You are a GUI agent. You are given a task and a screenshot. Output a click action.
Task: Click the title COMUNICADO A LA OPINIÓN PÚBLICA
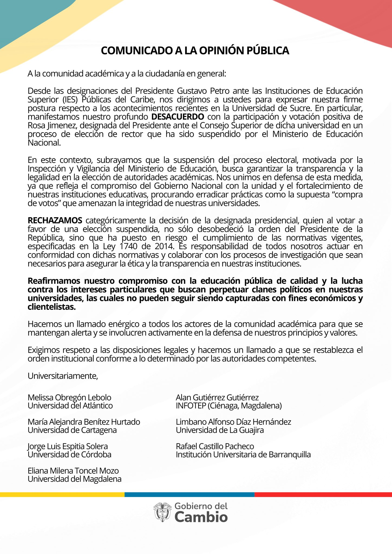(195, 51)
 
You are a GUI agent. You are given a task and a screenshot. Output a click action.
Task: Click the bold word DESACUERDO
(178, 117)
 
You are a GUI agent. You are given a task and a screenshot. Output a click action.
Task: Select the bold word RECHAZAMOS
(55, 220)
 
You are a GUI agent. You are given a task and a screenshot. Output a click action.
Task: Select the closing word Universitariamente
(63, 376)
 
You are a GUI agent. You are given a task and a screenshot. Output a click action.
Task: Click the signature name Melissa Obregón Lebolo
(69, 397)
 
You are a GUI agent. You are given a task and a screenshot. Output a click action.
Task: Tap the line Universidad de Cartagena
(72, 430)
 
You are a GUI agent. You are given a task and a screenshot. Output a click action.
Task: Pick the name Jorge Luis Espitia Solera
(68, 446)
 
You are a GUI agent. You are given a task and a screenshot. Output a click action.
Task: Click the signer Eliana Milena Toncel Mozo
(73, 470)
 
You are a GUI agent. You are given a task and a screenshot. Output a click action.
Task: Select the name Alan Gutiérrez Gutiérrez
(217, 397)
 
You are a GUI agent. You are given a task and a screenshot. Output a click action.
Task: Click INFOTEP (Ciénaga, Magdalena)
(229, 405)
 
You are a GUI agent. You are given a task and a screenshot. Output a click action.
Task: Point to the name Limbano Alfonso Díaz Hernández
(233, 422)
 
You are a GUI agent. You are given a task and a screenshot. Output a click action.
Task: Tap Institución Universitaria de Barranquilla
(243, 454)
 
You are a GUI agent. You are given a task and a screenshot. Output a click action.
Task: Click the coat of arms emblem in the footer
(162, 512)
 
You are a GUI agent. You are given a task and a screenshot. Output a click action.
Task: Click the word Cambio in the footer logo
(201, 517)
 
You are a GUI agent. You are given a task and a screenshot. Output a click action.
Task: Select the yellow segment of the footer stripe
(62, 494)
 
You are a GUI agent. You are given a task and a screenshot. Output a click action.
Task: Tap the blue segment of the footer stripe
(190, 494)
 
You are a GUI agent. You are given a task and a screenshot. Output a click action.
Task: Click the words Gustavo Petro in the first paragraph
(203, 91)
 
